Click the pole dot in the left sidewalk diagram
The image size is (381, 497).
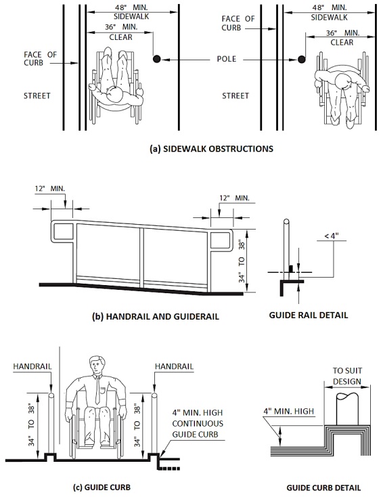(157, 59)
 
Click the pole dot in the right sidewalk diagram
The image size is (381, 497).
(302, 59)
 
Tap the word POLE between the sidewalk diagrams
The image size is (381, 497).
(227, 59)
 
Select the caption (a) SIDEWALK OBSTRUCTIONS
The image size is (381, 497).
(211, 149)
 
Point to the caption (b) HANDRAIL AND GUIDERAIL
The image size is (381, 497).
(156, 316)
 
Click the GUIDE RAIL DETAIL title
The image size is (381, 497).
(309, 315)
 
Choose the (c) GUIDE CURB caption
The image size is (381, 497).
(102, 487)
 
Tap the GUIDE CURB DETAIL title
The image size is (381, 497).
(323, 488)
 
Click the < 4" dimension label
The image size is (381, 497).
(332, 236)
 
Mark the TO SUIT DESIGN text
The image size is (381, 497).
(347, 376)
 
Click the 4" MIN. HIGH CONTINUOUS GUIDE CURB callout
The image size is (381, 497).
(198, 423)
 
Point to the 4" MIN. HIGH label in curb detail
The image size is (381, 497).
(288, 411)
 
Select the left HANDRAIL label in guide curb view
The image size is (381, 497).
(32, 366)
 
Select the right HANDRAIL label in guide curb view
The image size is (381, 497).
(174, 366)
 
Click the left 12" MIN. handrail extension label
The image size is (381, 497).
(49, 189)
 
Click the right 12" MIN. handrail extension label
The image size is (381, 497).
(234, 198)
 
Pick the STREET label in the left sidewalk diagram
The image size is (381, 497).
(37, 95)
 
